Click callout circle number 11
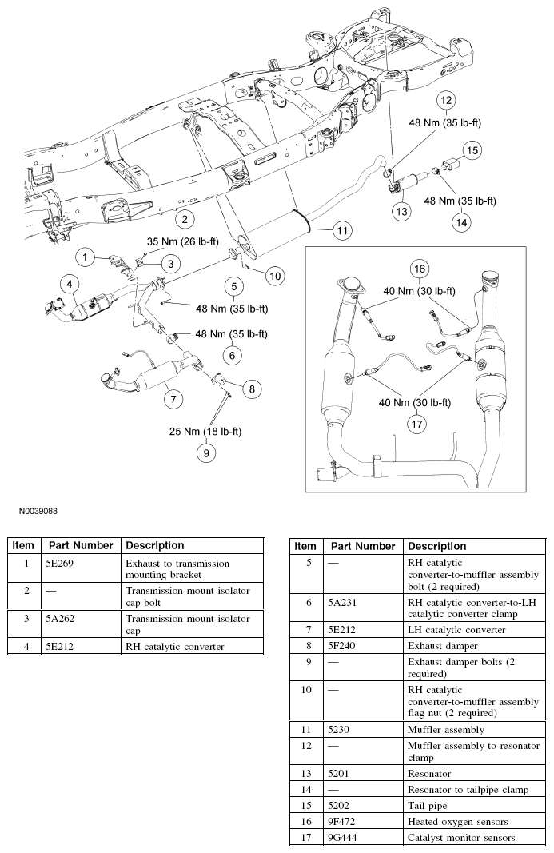(341, 231)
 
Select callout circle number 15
(472, 149)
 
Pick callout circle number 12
(445, 101)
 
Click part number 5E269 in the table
(60, 564)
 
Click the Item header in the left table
(23, 545)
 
